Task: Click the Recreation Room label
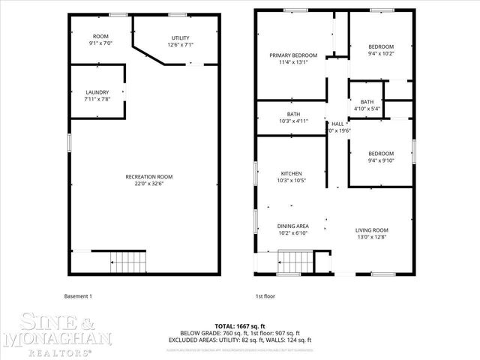click(148, 177)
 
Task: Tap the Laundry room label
click(97, 92)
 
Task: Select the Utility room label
click(180, 37)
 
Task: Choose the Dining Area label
click(293, 226)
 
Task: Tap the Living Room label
click(372, 230)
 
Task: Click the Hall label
click(337, 124)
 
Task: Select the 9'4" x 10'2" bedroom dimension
click(381, 54)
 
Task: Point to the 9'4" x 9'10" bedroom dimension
click(381, 159)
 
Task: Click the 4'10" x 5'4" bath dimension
click(367, 109)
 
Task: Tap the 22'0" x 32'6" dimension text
click(148, 184)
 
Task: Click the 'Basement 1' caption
click(78, 296)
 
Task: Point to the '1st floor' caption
click(265, 296)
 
